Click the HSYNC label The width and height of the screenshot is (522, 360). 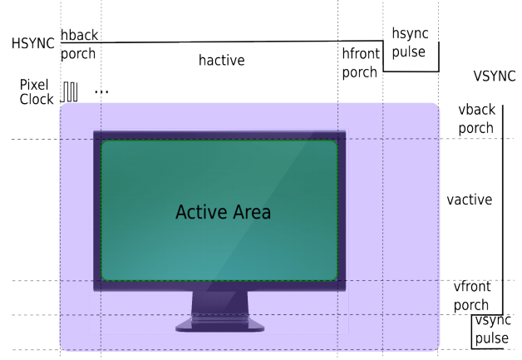[32, 43]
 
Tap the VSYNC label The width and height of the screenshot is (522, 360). [494, 76]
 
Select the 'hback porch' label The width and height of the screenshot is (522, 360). [78, 46]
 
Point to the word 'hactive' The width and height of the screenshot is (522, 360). [221, 61]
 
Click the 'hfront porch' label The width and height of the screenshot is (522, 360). [360, 62]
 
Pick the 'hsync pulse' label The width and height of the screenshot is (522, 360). [409, 43]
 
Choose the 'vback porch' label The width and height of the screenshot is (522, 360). [475, 119]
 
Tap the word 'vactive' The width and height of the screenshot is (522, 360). [469, 200]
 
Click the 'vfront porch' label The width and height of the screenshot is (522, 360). [472, 296]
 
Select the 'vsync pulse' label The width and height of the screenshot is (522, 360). [491, 331]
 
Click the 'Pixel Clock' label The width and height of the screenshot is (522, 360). [36, 91]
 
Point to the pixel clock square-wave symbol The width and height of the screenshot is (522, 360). [71, 91]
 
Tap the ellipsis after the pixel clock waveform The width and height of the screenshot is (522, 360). [101, 91]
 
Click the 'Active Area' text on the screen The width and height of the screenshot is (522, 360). [223, 212]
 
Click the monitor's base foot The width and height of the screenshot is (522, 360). [219, 326]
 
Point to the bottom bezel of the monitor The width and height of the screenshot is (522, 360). [219, 285]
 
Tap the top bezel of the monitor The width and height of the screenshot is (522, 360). [219, 136]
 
